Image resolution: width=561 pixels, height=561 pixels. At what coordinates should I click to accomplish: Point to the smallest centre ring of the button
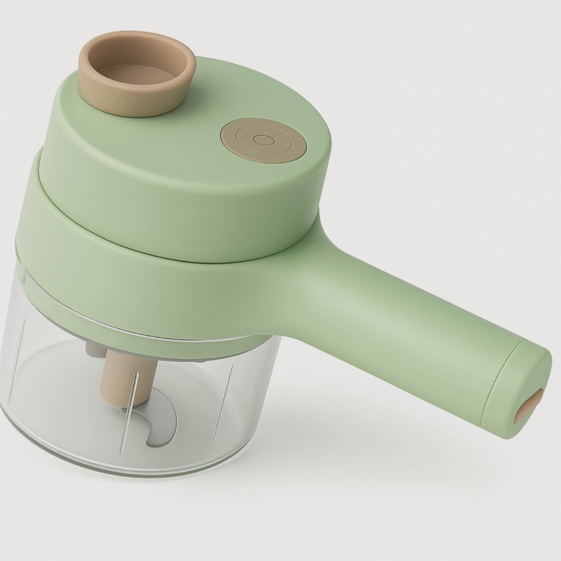click(265, 140)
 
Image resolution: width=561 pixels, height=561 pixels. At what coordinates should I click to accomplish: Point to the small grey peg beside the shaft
click(95, 348)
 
